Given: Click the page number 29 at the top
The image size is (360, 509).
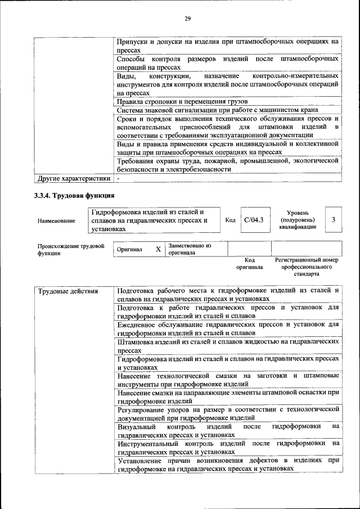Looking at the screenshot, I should [188, 19].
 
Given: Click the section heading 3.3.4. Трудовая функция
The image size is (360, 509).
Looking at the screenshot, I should [75, 196].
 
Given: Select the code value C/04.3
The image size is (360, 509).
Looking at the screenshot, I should [254, 220].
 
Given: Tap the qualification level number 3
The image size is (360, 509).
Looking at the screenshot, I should [334, 220].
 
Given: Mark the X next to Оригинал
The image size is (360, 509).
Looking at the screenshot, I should [158, 249].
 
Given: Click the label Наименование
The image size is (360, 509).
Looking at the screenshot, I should [56, 221].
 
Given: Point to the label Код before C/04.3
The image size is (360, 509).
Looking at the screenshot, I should [230, 220].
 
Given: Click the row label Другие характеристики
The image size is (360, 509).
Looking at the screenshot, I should [73, 179].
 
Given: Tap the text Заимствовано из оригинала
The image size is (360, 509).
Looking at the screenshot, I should [190, 249].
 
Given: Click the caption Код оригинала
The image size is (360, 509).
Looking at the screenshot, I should [250, 264].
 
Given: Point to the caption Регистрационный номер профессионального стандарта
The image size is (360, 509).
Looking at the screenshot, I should [307, 267].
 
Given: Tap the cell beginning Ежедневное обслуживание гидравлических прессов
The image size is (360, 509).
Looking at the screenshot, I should [228, 328].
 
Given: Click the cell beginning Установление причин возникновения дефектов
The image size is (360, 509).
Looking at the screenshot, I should [228, 464].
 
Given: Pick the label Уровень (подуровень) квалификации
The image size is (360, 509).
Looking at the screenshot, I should [297, 220].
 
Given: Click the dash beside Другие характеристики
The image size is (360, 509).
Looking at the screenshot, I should [119, 179].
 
